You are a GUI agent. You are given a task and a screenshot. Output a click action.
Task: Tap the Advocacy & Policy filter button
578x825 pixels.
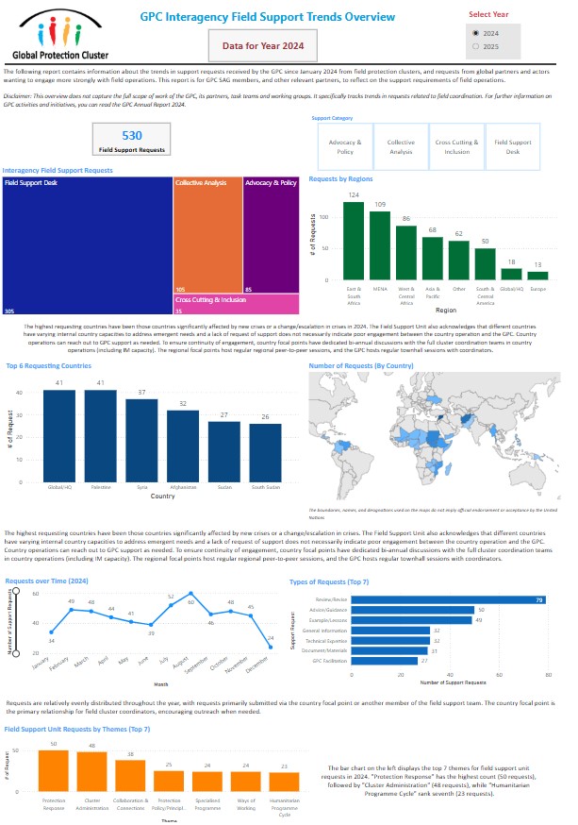[345, 145]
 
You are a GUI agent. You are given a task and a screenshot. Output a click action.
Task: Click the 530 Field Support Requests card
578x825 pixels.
[132, 141]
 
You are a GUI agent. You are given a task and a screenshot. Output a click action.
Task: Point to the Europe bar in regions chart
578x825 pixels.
[537, 277]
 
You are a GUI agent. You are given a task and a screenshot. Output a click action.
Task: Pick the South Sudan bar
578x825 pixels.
[266, 451]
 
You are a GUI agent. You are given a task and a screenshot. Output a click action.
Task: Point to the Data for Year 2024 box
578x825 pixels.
[263, 44]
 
